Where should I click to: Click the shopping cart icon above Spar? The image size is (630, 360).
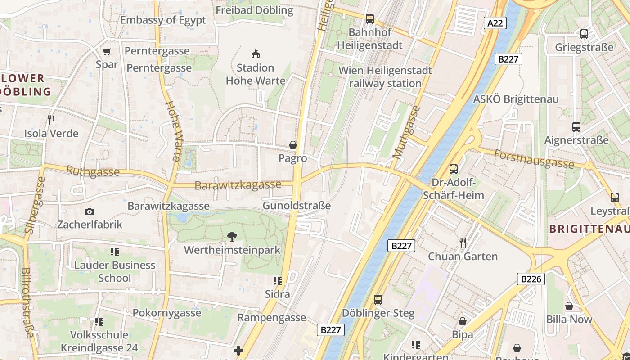click(x=107, y=51)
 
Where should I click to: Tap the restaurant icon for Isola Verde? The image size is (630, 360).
click(x=51, y=120)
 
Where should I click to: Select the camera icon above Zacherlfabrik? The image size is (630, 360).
click(x=90, y=211)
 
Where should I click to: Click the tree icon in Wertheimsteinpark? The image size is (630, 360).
click(x=232, y=236)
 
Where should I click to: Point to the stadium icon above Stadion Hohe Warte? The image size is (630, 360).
click(x=256, y=54)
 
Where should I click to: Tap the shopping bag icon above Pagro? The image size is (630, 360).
click(x=293, y=145)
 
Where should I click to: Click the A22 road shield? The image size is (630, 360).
click(x=495, y=23)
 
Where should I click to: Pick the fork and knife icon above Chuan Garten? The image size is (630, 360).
click(x=463, y=243)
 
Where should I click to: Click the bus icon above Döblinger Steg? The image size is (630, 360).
click(x=378, y=299)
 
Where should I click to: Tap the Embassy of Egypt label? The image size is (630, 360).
click(x=163, y=20)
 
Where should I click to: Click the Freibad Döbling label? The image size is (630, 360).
click(x=254, y=10)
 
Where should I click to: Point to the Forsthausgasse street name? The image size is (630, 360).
click(x=535, y=159)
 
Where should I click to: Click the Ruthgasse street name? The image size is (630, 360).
click(x=93, y=171)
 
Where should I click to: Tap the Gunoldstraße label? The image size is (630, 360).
click(x=297, y=206)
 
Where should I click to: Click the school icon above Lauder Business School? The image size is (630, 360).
click(x=114, y=252)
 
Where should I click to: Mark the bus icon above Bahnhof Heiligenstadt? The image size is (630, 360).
click(x=370, y=19)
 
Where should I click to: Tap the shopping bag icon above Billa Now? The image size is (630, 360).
click(x=569, y=306)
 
